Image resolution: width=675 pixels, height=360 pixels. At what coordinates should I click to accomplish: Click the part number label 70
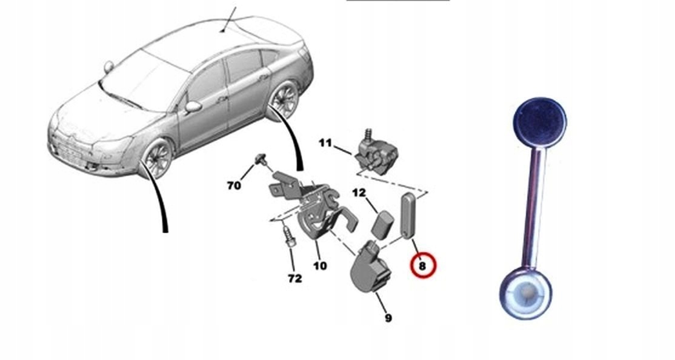pyautogui.click(x=234, y=185)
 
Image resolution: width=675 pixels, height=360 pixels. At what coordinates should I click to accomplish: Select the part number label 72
pyautogui.click(x=294, y=279)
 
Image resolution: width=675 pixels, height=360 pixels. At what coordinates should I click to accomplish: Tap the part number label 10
pyautogui.click(x=320, y=265)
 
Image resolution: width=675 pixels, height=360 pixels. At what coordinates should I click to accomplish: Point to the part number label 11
pyautogui.click(x=325, y=144)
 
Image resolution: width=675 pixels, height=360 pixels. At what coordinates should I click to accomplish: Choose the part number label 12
pyautogui.click(x=359, y=193)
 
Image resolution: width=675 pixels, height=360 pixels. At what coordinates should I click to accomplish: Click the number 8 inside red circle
pyautogui.click(x=422, y=265)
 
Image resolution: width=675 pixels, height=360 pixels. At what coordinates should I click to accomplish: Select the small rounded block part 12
pyautogui.click(x=381, y=225)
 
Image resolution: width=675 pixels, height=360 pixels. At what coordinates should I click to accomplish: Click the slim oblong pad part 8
pyautogui.click(x=407, y=215)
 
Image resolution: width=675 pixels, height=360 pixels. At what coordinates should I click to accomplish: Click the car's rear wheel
pyautogui.click(x=283, y=101)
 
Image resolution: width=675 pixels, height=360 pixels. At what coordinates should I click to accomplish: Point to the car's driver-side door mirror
pyautogui.click(x=193, y=107)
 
